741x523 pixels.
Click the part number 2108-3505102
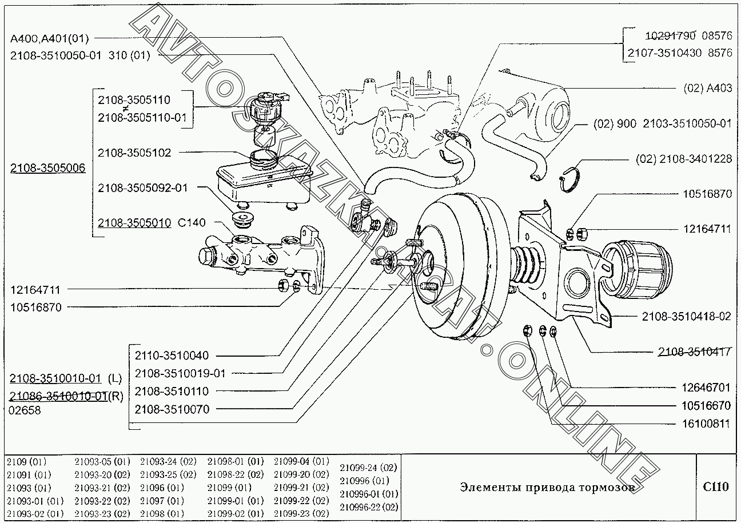coord(134,153)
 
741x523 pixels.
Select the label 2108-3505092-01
coord(142,188)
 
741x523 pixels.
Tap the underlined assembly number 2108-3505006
coord(47,167)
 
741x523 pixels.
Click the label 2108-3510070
coord(172,409)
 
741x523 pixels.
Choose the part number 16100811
coord(706,424)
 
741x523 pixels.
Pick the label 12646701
coord(706,388)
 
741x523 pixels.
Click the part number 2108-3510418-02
coord(687,316)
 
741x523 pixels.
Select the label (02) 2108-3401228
coord(683,159)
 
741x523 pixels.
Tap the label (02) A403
coord(707,88)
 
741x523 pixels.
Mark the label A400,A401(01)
coord(49,38)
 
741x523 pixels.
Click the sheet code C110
coord(716,487)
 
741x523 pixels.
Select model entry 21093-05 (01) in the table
coord(102,462)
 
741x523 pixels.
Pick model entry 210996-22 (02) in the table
coord(369,507)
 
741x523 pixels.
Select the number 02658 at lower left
coord(25,410)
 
